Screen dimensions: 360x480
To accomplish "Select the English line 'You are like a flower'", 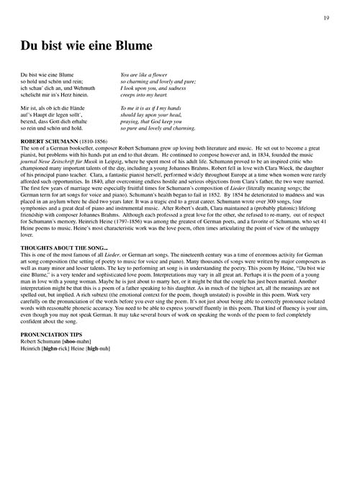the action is (147, 74).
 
